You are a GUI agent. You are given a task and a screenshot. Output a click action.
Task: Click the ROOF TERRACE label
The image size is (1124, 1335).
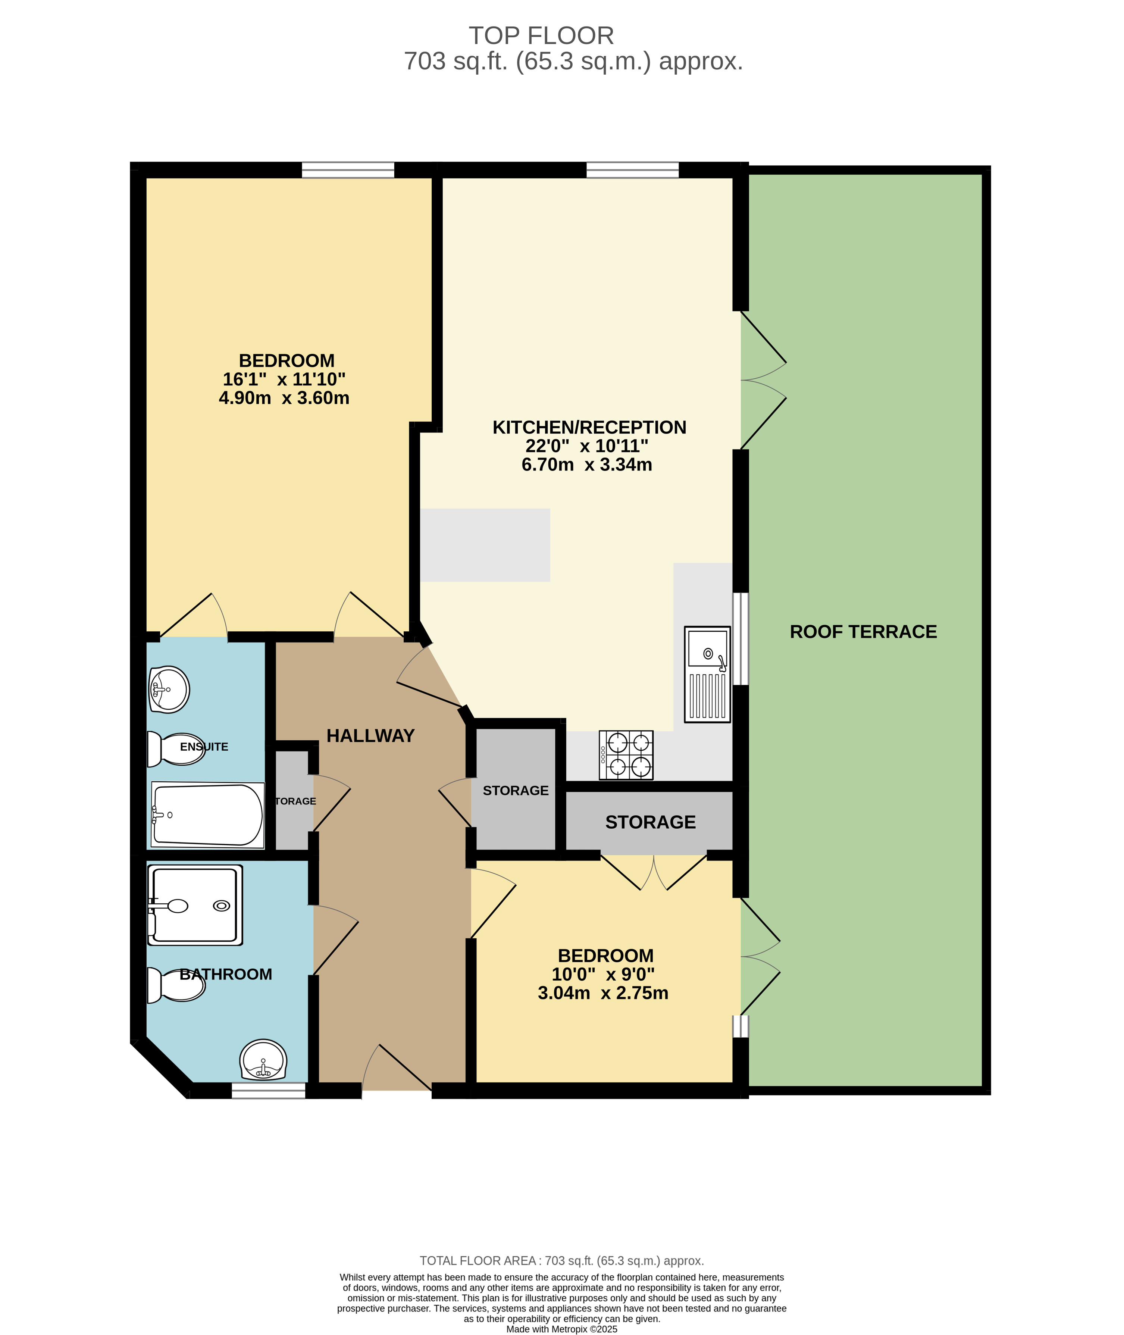pyautogui.click(x=863, y=632)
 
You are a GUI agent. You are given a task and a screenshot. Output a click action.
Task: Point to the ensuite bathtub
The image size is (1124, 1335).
pyautogui.click(x=207, y=815)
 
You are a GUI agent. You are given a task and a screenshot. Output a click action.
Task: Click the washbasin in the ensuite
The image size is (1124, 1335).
pyautogui.click(x=169, y=689)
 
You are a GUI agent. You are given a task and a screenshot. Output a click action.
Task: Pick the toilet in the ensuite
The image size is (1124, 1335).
pyautogui.click(x=175, y=749)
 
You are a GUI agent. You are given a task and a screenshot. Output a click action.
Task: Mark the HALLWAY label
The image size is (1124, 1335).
pyautogui.click(x=370, y=736)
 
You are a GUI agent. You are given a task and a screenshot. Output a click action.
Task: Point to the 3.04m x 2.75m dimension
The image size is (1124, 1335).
pyautogui.click(x=603, y=993)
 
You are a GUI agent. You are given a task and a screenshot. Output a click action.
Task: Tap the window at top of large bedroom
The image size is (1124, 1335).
pyautogui.click(x=348, y=170)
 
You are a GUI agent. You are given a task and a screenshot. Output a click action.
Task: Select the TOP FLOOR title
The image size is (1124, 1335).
pyautogui.click(x=541, y=36)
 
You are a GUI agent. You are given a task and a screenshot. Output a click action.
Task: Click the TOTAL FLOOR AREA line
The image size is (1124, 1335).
pyautogui.click(x=561, y=1260)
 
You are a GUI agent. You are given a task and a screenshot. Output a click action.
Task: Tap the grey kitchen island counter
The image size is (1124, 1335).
pyautogui.click(x=485, y=545)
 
